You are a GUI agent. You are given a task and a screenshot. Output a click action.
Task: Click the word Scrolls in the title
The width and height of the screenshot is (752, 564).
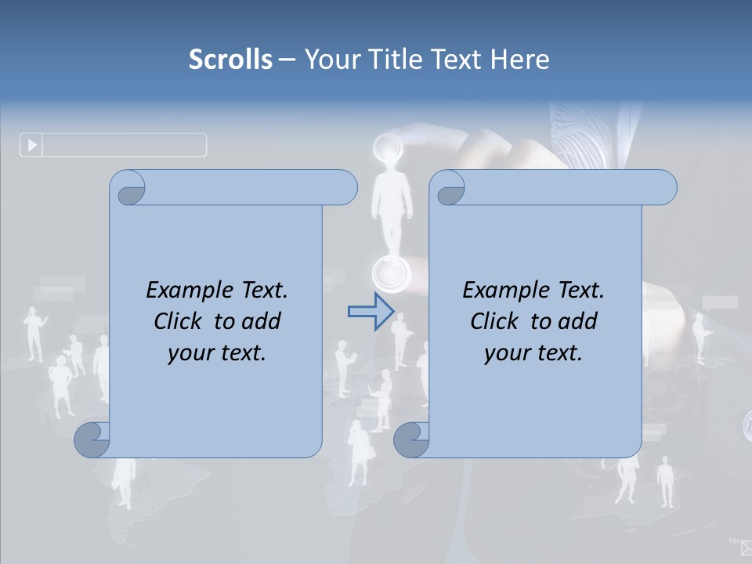tap(230, 60)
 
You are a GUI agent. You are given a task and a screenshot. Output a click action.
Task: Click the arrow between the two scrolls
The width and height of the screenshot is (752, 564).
tap(371, 312)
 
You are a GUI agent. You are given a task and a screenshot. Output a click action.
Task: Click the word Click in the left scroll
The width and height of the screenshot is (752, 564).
tap(180, 321)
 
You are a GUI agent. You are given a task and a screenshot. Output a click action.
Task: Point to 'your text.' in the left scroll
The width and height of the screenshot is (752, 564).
tap(217, 352)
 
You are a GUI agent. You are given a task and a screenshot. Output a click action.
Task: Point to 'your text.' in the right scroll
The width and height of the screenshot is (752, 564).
tap(533, 352)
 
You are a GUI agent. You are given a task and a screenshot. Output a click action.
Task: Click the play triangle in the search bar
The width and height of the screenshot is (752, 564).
tap(32, 145)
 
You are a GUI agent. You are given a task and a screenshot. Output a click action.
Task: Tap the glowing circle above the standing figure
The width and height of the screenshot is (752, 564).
tap(386, 147)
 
